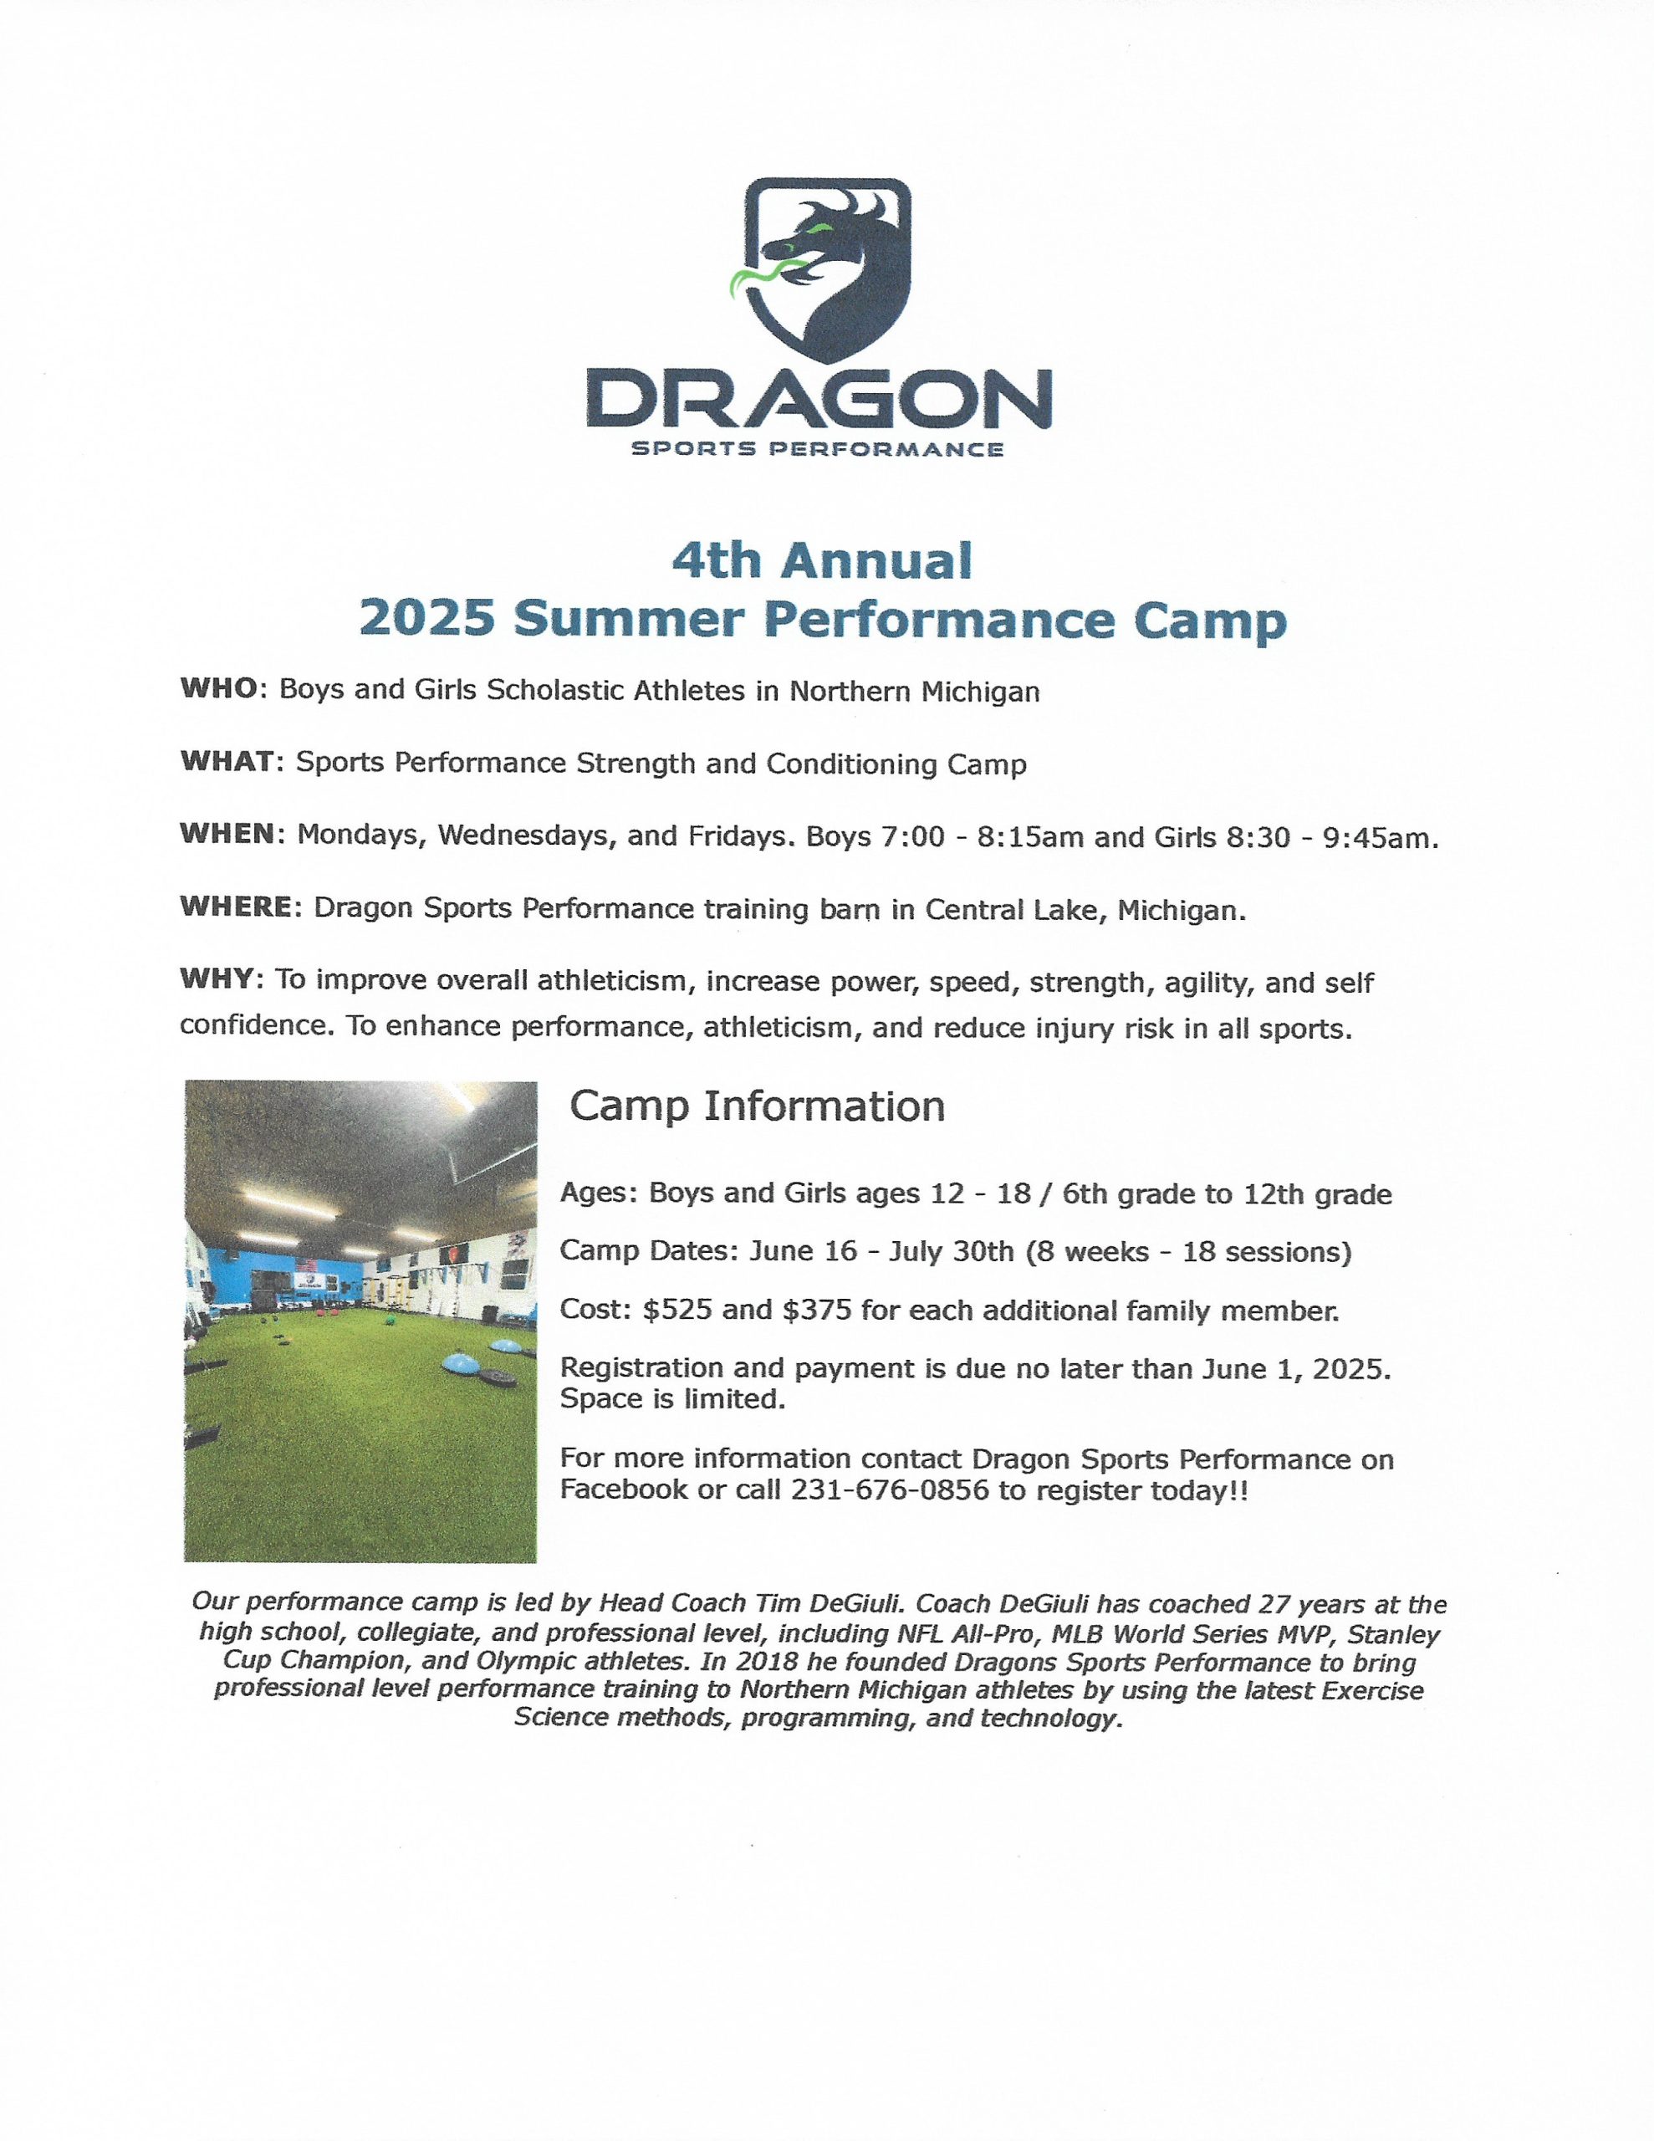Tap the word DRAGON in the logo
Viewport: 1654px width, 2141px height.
point(819,399)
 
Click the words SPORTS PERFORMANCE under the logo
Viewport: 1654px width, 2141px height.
point(818,450)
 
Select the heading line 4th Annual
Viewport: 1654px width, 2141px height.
point(822,560)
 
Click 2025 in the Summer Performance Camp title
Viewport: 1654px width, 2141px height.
point(426,619)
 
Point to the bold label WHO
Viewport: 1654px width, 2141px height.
point(218,688)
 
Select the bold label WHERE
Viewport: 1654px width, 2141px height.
point(235,907)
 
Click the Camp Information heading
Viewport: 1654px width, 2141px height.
point(757,1106)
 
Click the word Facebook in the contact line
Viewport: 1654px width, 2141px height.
point(624,1490)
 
